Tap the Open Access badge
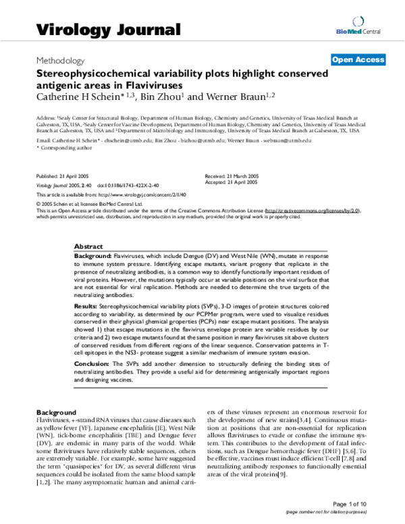point(358,60)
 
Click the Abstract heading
point(88,247)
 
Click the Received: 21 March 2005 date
point(232,176)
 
